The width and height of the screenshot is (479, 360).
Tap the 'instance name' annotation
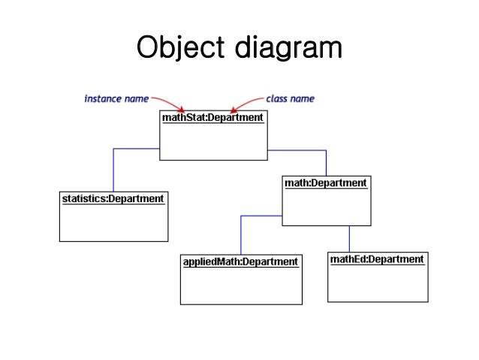point(116,98)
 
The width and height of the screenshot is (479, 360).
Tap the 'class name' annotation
point(290,98)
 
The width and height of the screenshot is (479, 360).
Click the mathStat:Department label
point(213,117)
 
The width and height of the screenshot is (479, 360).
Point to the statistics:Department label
point(113,199)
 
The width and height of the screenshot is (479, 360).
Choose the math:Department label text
point(326,183)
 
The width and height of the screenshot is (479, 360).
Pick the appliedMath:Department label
point(240,262)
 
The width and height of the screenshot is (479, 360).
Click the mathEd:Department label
point(377,259)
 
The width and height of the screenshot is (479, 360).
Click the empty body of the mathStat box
point(213,142)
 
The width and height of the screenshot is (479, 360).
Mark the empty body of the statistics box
point(113,223)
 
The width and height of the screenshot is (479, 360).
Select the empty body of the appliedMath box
point(240,286)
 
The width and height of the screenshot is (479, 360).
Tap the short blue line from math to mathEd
point(349,238)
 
